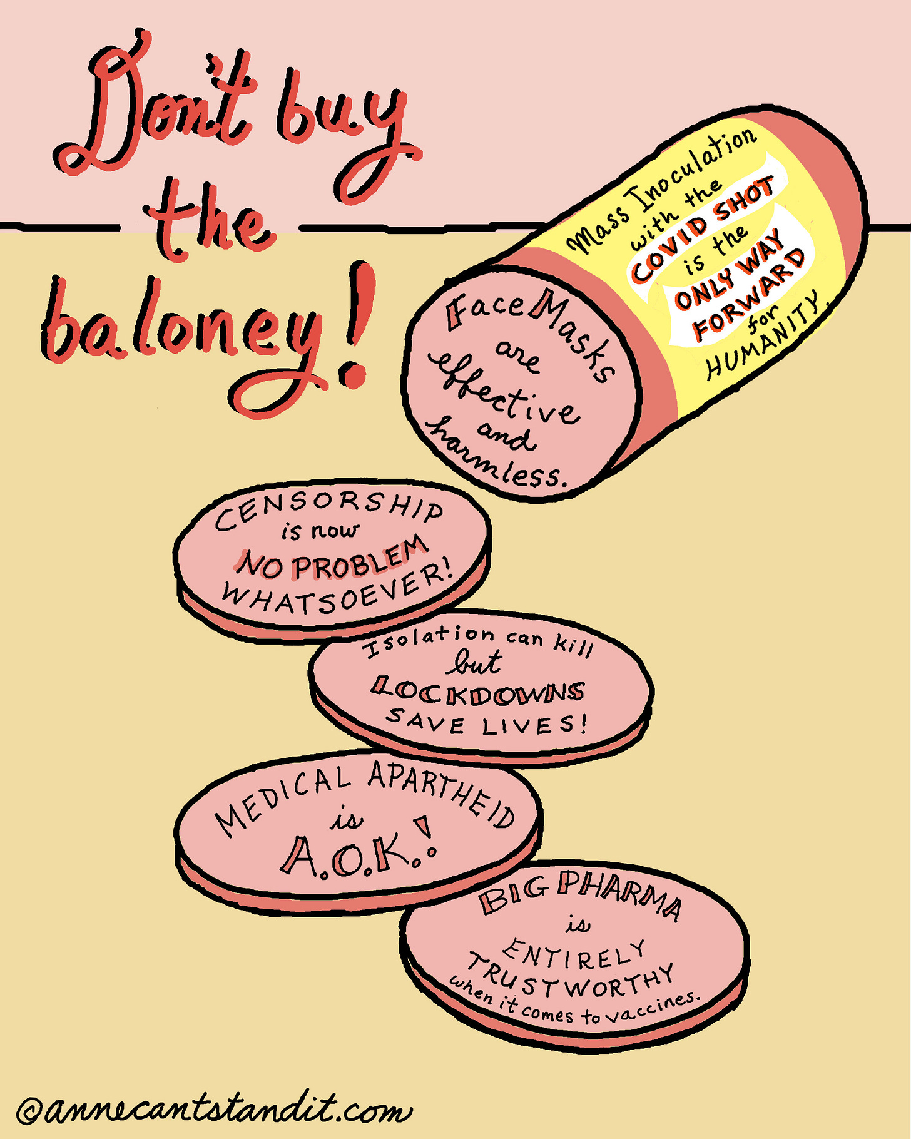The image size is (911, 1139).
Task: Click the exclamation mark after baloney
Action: [x=358, y=325]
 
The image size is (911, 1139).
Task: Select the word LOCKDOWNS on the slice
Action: [x=477, y=691]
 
